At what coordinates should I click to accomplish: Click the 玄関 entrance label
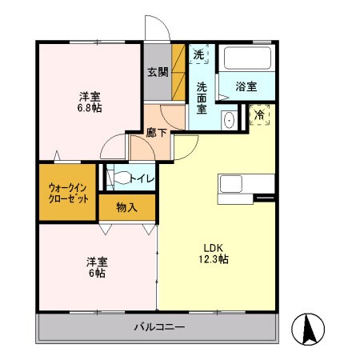pyautogui.click(x=157, y=72)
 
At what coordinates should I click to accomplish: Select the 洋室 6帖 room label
pyautogui.click(x=96, y=266)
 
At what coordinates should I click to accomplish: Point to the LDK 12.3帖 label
pyautogui.click(x=214, y=253)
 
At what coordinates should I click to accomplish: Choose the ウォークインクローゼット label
pyautogui.click(x=67, y=192)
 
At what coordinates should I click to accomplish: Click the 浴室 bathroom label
pyautogui.click(x=246, y=86)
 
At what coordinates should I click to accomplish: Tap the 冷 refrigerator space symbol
pyautogui.click(x=260, y=116)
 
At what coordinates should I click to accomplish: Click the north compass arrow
pyautogui.click(x=310, y=327)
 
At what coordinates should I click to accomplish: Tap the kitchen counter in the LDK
pyautogui.click(x=236, y=185)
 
